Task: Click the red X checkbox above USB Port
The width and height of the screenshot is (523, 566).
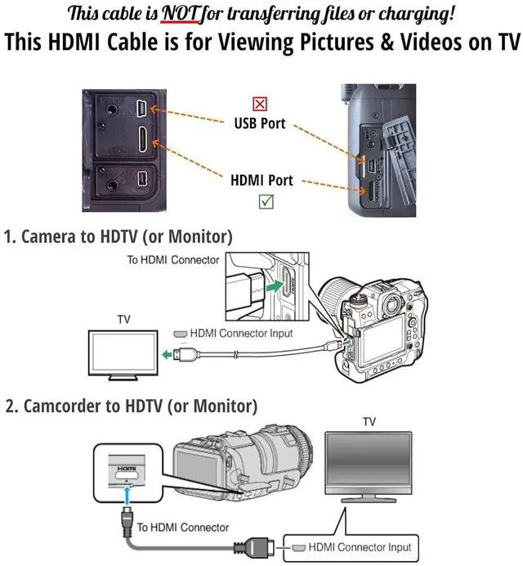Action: (260, 104)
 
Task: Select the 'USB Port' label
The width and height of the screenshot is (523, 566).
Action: (261, 124)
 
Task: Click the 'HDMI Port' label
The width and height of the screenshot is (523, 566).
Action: (261, 180)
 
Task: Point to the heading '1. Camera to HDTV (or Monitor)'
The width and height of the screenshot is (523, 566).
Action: (118, 237)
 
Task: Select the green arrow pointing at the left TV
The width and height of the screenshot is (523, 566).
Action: (169, 354)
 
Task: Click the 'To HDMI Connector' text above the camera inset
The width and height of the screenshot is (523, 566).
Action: (172, 260)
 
